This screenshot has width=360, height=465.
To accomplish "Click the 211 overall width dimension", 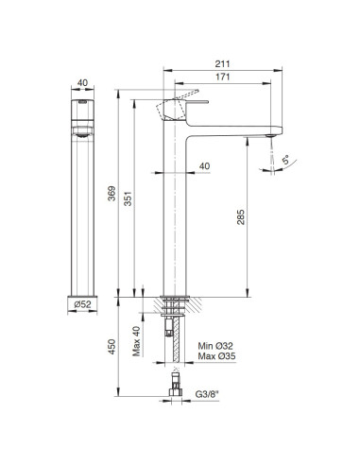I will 224,65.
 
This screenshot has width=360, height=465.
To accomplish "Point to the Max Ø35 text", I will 215,359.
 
